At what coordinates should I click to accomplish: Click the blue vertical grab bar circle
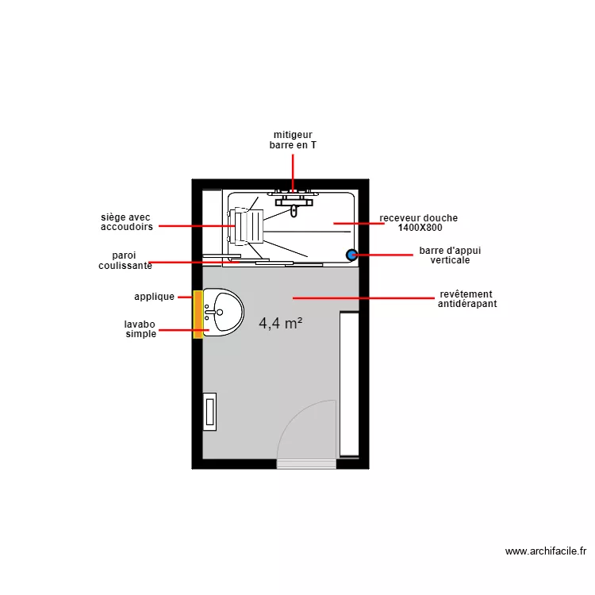[x=351, y=255]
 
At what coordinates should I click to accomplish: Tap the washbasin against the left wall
[x=223, y=313]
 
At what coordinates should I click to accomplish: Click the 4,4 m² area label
[x=281, y=323]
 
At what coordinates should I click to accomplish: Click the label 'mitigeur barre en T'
[x=293, y=140]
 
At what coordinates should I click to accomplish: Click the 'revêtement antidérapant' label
[x=466, y=299]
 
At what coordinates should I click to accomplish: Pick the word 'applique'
[x=154, y=297]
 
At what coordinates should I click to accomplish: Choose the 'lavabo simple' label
[x=140, y=329]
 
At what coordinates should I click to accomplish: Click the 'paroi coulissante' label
[x=125, y=261]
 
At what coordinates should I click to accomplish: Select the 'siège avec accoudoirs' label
[x=127, y=223]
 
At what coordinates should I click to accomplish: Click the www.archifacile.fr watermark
[x=545, y=551]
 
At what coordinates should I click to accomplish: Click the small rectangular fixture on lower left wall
[x=210, y=412]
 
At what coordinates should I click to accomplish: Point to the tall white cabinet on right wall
[x=349, y=384]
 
